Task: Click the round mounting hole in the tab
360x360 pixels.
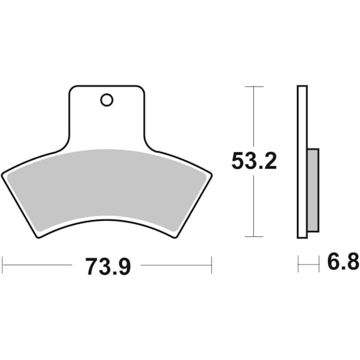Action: [107, 100]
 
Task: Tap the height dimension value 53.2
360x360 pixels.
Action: [254, 161]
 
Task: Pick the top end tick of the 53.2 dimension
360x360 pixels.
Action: [254, 87]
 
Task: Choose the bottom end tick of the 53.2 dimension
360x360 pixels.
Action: [254, 237]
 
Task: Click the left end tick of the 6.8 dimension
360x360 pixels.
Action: [298, 263]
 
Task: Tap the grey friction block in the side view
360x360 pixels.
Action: [313, 190]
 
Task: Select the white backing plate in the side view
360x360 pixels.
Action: [302, 162]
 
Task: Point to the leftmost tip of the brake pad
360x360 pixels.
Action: [2, 175]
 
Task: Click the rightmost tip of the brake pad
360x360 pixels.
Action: [211, 175]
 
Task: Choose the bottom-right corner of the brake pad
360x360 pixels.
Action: [175, 236]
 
